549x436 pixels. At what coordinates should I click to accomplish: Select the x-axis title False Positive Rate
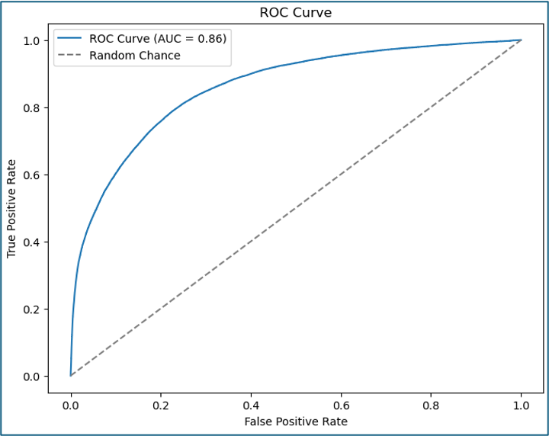click(x=296, y=422)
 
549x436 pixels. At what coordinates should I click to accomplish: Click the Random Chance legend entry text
click(x=135, y=56)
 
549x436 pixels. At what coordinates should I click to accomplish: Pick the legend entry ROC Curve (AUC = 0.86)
click(x=157, y=39)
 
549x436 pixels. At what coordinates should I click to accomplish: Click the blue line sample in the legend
click(x=69, y=39)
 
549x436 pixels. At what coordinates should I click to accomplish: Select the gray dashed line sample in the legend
click(x=69, y=56)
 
